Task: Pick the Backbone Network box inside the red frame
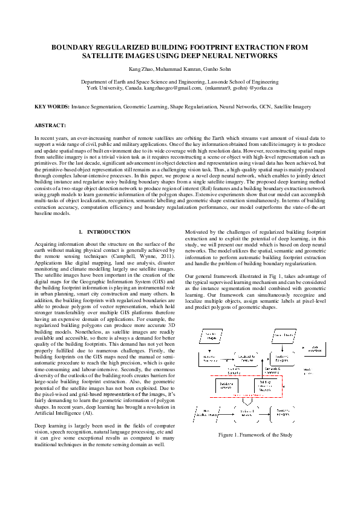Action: [x=226, y=385]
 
